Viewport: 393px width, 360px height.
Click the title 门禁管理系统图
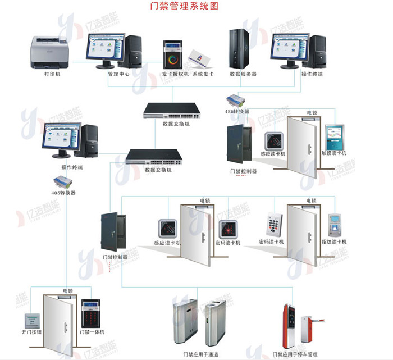tap(184, 7)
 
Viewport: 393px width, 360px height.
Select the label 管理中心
tap(118, 74)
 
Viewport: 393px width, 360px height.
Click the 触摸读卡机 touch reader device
tap(337, 135)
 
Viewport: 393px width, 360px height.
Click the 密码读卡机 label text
tap(271, 242)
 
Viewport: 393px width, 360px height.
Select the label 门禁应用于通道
tap(200, 354)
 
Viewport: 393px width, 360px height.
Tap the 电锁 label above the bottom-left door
tap(67, 291)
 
